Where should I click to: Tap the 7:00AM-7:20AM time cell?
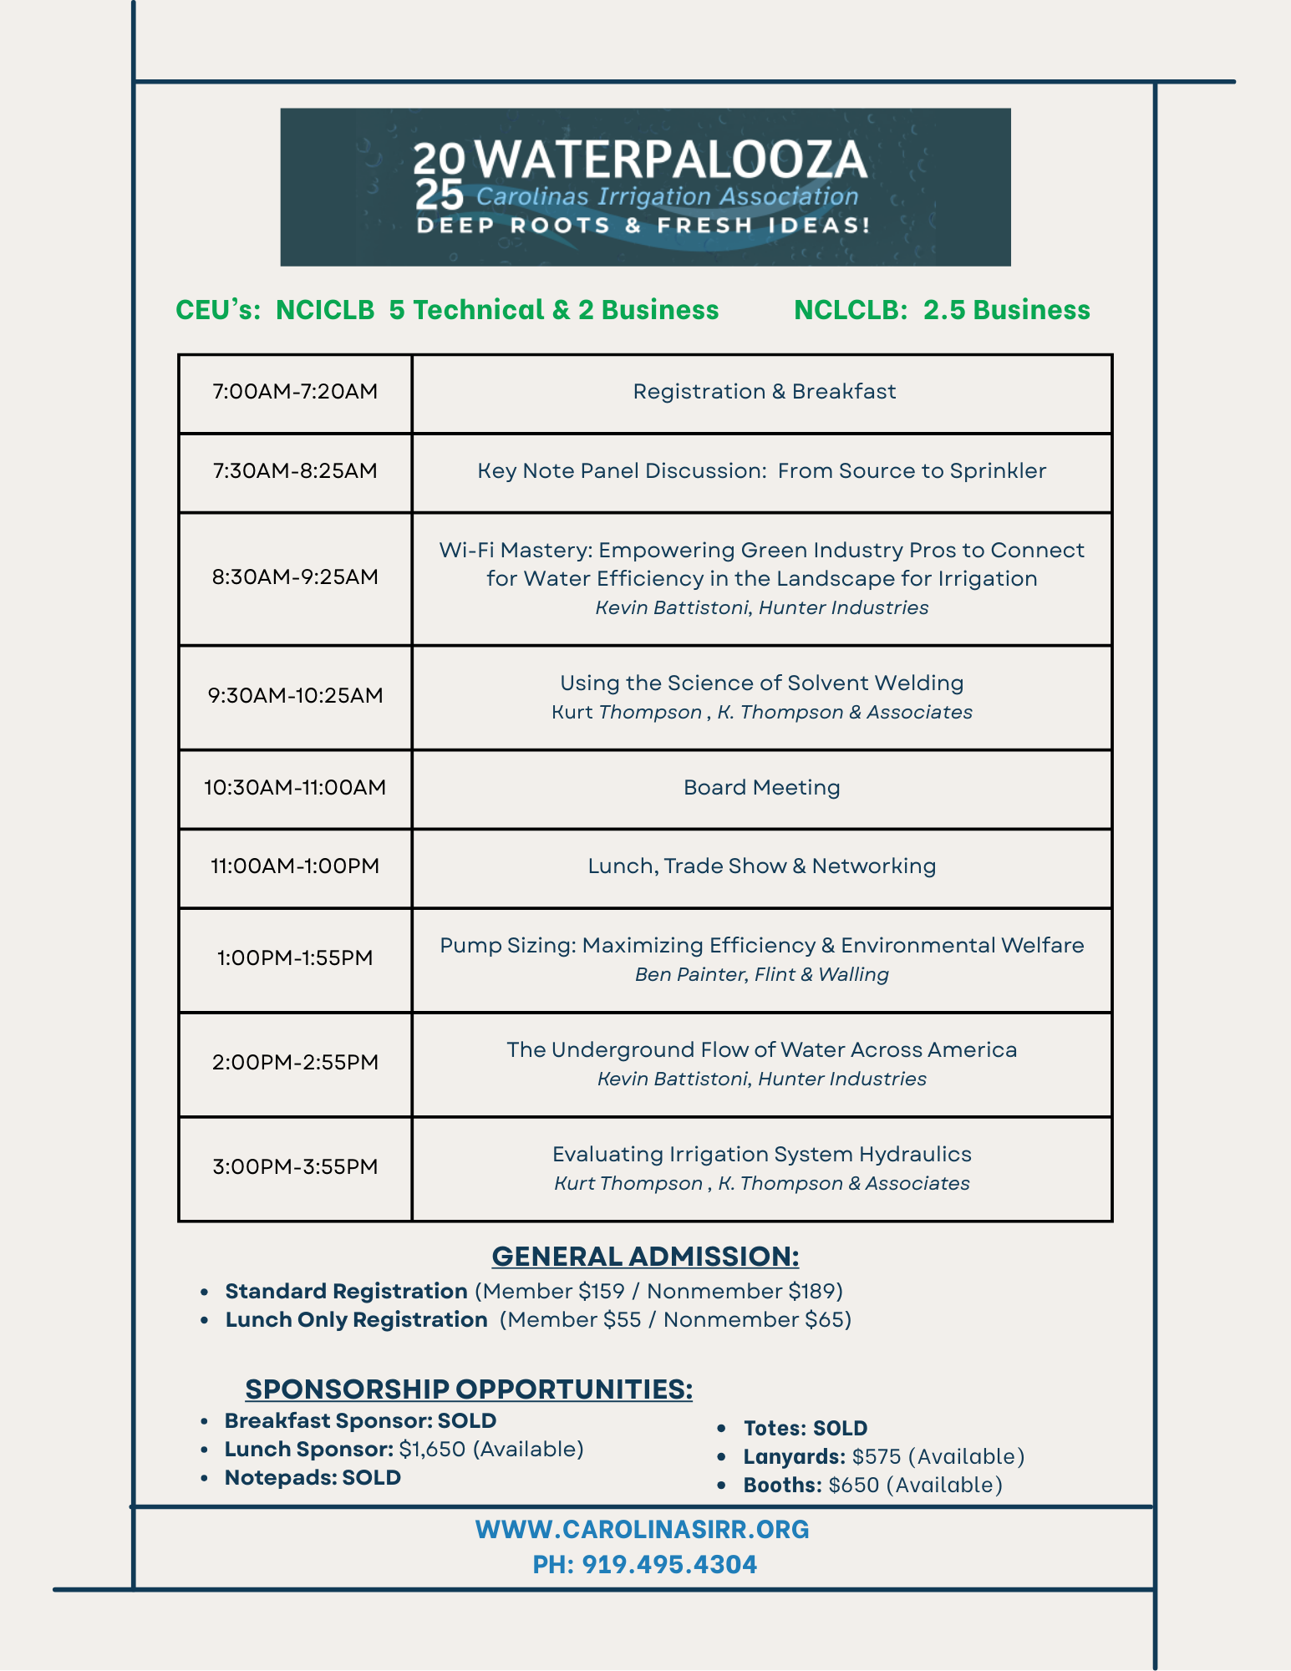tap(295, 391)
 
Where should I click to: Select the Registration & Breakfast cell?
tap(764, 391)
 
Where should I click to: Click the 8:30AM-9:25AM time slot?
tap(295, 576)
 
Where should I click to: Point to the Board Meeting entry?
tap(761, 787)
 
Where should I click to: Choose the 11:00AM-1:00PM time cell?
tap(295, 866)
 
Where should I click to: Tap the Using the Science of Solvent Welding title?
tap(761, 683)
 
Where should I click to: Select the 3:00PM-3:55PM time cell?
tap(295, 1166)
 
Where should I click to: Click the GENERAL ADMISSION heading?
tap(645, 1256)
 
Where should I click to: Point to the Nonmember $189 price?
tap(744, 1291)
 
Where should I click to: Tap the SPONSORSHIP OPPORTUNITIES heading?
tap(469, 1389)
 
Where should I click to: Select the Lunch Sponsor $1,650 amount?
tap(432, 1449)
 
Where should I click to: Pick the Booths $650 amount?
tap(854, 1485)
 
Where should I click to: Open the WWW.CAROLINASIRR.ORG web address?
tap(642, 1529)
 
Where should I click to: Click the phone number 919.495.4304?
tap(669, 1564)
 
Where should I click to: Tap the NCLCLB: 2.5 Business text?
tap(942, 310)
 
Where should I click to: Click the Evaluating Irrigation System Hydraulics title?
tap(761, 1154)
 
